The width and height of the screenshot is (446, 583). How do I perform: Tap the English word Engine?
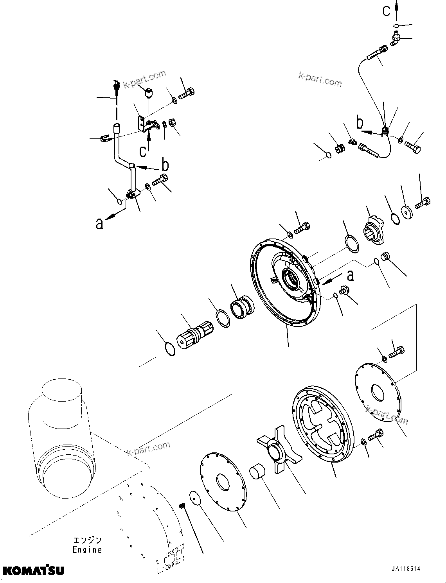(87, 549)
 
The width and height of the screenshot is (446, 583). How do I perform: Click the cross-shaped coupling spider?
(279, 448)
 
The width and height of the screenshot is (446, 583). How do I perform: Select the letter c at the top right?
(387, 11)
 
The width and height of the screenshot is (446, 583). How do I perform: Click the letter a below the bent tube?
(99, 224)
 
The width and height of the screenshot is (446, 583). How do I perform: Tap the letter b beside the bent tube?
(165, 165)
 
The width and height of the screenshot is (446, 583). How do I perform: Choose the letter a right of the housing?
(351, 275)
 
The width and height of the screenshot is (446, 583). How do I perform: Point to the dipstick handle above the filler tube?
(115, 85)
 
